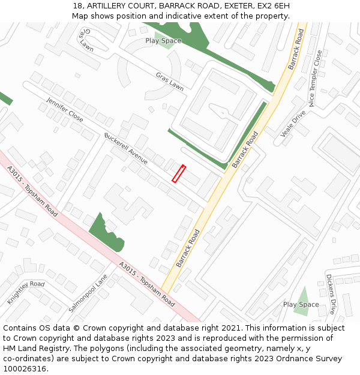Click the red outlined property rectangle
click(179, 173)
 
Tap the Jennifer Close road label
click(65, 109)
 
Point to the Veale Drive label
click(293, 123)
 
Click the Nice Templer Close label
click(315, 78)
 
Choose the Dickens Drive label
click(330, 295)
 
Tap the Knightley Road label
click(26, 292)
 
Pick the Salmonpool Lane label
click(88, 293)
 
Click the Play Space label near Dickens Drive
click(301, 304)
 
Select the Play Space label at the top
click(163, 41)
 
